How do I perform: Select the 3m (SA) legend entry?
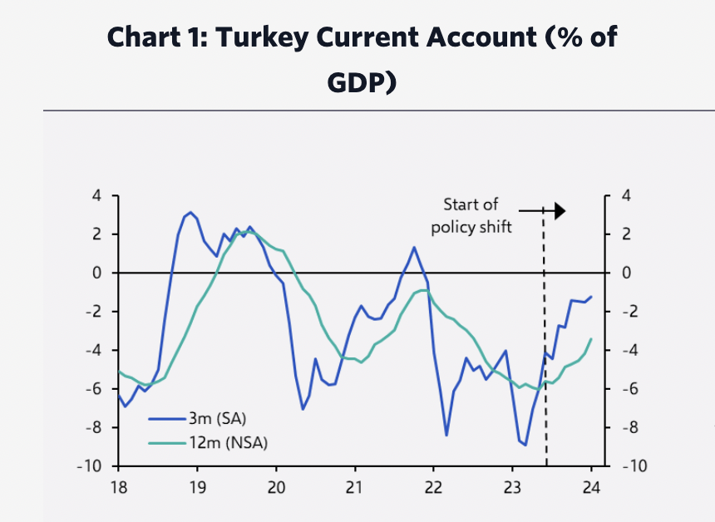217,418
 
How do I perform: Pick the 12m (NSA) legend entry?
227,442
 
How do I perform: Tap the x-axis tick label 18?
119,486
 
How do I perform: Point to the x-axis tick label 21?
355,486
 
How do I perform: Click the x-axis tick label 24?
591,486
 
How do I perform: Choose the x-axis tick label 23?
512,486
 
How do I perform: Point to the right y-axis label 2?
625,234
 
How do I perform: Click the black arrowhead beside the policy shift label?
559,211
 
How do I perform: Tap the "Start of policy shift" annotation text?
471,215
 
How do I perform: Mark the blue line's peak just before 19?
190,213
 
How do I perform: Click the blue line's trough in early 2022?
446,435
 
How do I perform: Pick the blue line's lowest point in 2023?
525,445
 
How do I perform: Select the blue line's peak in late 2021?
414,247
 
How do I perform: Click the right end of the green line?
591,339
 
